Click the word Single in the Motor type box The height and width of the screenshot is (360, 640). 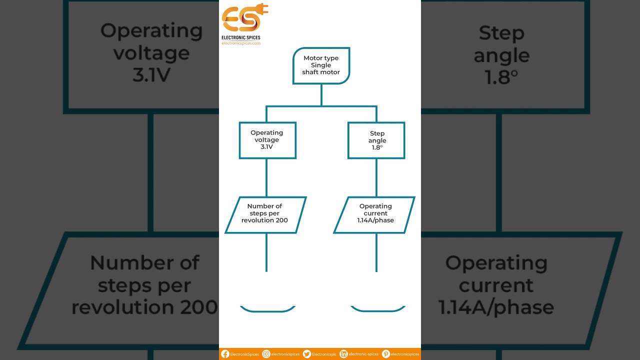321,65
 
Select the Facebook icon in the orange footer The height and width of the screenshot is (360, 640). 225,354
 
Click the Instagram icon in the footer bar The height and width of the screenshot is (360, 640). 266,354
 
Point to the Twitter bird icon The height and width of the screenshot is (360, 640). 307,354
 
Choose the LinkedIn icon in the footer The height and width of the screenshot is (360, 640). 343,354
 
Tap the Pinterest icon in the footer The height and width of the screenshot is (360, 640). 385,354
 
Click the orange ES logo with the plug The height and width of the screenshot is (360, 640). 244,17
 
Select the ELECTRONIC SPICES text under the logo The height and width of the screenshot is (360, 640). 241,37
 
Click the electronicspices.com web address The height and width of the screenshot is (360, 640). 241,43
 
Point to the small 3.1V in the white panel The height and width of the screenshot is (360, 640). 266,146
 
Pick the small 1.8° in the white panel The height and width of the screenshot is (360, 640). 377,147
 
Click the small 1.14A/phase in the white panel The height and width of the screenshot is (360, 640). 375,220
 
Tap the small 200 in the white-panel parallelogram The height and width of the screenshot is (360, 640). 282,220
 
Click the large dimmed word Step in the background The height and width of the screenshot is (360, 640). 501,33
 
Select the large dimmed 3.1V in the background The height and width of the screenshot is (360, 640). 151,75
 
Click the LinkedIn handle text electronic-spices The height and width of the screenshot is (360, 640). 363,354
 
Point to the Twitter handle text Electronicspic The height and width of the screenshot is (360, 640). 324,354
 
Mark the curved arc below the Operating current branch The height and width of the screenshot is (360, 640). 377,309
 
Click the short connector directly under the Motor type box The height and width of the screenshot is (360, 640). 321,95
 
